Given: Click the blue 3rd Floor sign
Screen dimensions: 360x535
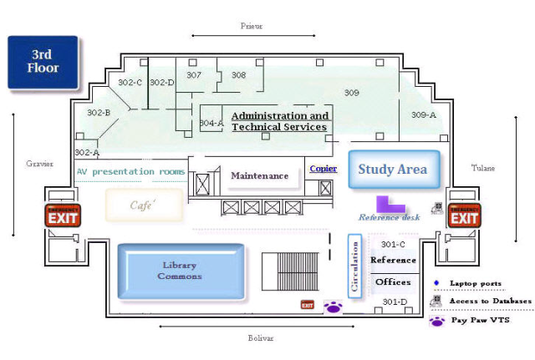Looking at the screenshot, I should [43, 62].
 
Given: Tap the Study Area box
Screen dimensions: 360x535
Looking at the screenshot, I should [393, 170].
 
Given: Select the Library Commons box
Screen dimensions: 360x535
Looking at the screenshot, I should [181, 271].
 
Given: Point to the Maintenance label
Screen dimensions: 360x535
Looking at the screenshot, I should [259, 175].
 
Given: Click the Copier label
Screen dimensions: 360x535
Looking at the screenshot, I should [324, 169].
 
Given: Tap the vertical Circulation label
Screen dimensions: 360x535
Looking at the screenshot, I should [355, 265].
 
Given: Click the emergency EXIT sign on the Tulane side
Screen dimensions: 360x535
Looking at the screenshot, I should [465, 215].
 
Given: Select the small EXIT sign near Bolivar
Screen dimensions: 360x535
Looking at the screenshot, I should [307, 306].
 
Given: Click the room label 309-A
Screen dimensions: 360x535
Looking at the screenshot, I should [424, 114].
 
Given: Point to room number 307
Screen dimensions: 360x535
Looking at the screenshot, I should [194, 75].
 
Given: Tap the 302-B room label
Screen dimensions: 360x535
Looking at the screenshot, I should [99, 112].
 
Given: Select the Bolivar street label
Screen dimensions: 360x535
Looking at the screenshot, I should [261, 338].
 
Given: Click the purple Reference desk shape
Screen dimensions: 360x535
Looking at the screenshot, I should [390, 204].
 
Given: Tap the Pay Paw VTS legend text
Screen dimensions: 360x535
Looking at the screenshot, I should [480, 320].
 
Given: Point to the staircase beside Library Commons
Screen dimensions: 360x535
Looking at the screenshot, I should [290, 271].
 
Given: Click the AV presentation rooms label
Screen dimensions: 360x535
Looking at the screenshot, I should [130, 171].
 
